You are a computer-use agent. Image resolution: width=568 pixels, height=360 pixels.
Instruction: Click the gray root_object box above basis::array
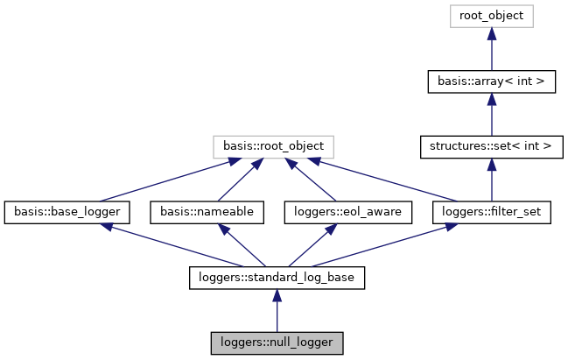(x=491, y=15)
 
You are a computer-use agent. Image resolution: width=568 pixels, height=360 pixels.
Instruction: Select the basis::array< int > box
(x=491, y=81)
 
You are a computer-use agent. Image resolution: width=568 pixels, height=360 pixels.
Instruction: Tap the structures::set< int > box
(x=491, y=146)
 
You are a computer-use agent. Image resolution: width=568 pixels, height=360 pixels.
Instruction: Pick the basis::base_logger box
(x=67, y=212)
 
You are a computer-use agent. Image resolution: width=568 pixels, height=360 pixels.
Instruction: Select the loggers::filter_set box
(x=491, y=212)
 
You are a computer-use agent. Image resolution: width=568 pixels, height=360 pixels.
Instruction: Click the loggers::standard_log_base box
(x=277, y=278)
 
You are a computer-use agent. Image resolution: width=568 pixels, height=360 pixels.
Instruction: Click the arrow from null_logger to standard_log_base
(x=277, y=311)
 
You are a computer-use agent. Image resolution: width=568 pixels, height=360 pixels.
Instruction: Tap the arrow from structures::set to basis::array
(x=491, y=114)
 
